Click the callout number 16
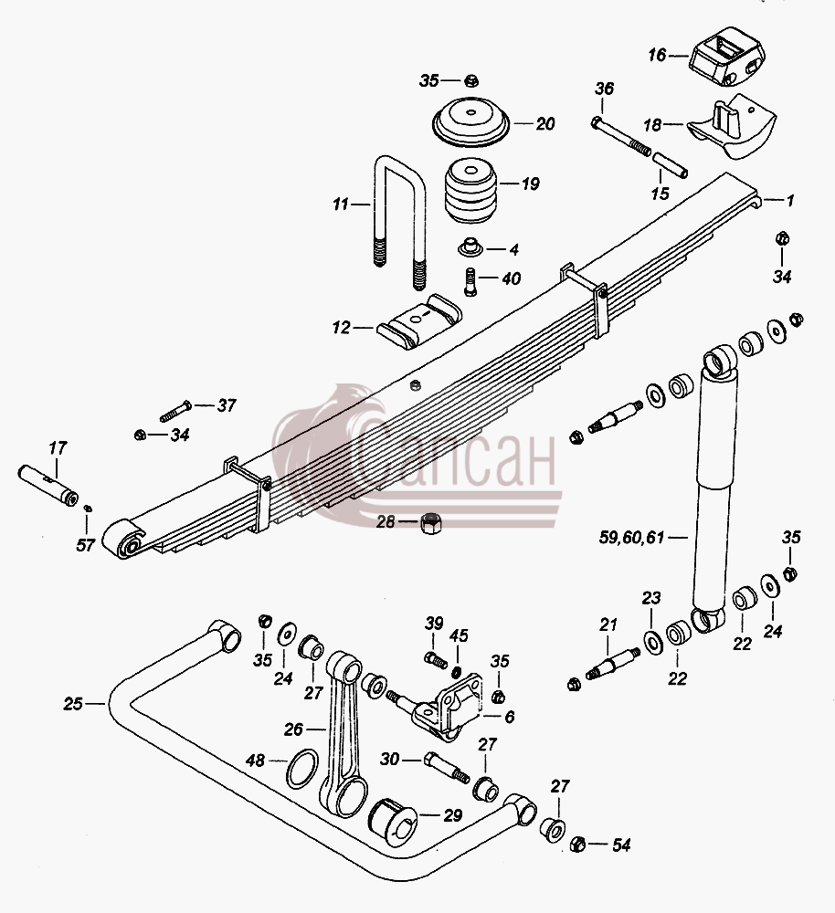657,56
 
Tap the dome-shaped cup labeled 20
470,121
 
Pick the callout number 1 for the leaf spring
789,201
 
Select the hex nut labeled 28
430,523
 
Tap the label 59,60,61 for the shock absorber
631,537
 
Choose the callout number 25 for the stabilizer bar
73,704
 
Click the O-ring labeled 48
302,769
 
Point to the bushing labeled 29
392,823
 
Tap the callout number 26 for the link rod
293,729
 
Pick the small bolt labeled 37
175,411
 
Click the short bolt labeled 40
470,281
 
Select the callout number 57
86,545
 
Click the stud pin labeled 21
612,662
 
